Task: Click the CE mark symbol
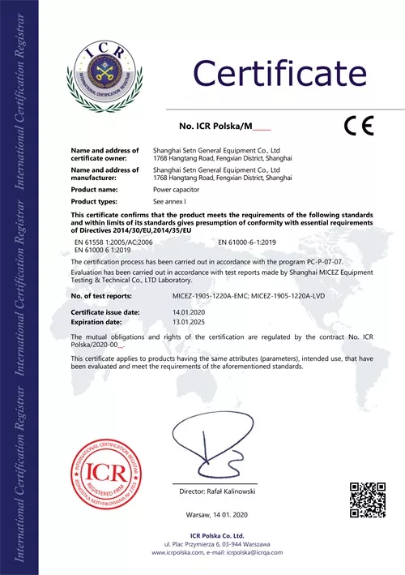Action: (357, 126)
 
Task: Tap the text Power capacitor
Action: (177, 189)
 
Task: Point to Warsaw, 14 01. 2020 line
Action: (216, 515)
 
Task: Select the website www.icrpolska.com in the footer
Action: (178, 552)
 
